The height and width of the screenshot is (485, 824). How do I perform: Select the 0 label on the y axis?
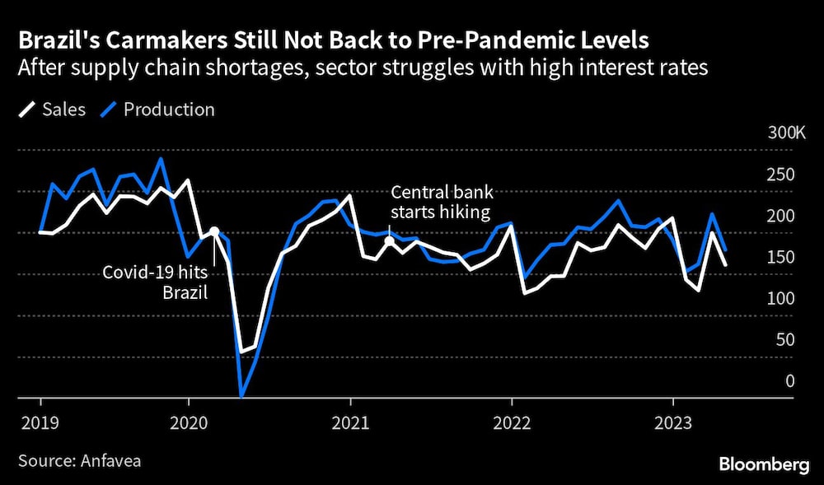click(789, 380)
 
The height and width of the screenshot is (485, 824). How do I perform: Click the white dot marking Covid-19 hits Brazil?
click(214, 231)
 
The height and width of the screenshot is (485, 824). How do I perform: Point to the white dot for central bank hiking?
click(389, 240)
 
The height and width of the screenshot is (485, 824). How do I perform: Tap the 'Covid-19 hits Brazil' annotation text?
click(154, 280)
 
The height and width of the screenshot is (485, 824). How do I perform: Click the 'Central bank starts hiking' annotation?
click(441, 203)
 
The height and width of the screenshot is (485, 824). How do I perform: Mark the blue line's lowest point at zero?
click(242, 396)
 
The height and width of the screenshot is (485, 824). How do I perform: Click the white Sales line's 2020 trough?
click(241, 352)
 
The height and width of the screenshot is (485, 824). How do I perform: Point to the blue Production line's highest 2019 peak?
click(161, 159)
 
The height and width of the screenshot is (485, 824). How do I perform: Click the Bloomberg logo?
click(763, 465)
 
